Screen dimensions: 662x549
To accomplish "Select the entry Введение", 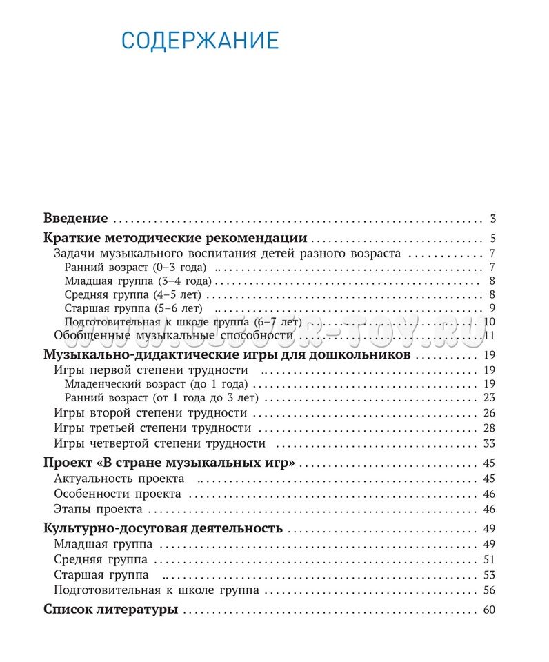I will [x=75, y=219].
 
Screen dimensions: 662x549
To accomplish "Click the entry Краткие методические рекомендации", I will [x=175, y=239].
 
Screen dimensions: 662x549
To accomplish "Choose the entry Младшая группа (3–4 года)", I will [x=138, y=281].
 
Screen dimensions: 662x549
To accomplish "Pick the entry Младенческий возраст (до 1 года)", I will [x=156, y=384].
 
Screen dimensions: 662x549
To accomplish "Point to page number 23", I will [x=490, y=398].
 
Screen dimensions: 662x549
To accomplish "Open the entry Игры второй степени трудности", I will [x=150, y=413].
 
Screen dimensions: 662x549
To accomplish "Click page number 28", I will [x=490, y=428].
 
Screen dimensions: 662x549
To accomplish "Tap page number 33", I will [x=490, y=443].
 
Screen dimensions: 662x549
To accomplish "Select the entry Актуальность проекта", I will [x=119, y=479].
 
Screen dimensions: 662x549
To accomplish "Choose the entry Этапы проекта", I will [x=98, y=509].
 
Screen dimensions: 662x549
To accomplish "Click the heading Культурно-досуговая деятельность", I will [x=163, y=529].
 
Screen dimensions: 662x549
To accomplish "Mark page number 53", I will [x=490, y=574].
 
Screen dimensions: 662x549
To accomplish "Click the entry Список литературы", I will [x=111, y=610].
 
